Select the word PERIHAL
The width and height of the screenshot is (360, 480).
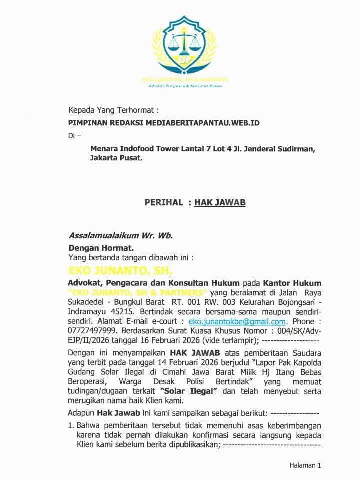164,202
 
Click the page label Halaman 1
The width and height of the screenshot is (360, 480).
305,465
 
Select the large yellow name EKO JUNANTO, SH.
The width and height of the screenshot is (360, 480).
120,271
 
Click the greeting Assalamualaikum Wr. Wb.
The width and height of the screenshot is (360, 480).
120,235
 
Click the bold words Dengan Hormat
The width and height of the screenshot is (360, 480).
101,247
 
